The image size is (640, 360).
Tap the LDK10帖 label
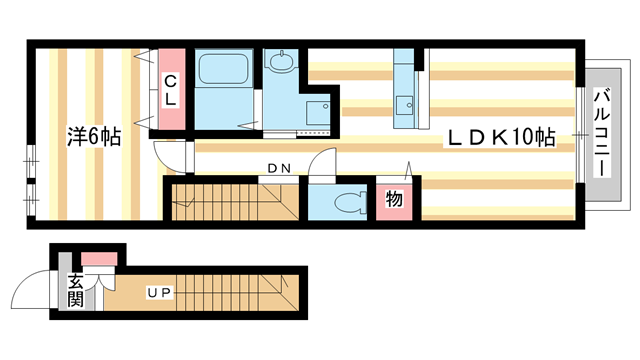click(x=500, y=139)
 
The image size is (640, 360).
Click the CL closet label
click(x=171, y=89)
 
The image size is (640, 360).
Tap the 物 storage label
click(x=394, y=199)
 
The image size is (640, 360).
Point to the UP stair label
click(x=158, y=293)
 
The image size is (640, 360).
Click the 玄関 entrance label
click(x=76, y=292)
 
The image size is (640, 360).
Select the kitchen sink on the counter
click(x=406, y=104)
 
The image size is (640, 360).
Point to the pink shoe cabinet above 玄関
click(x=98, y=261)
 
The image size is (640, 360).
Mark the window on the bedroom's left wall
click(x=28, y=175)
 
